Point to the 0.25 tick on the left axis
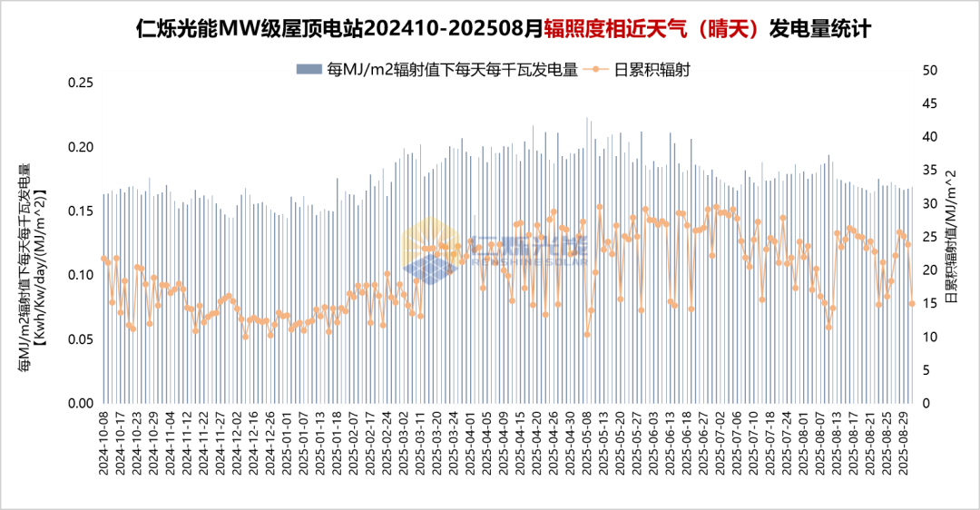[x=82, y=83]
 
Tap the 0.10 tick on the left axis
[x=82, y=275]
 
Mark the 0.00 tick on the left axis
[x=82, y=403]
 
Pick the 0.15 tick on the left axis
[x=82, y=211]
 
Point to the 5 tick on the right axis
[x=925, y=369]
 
